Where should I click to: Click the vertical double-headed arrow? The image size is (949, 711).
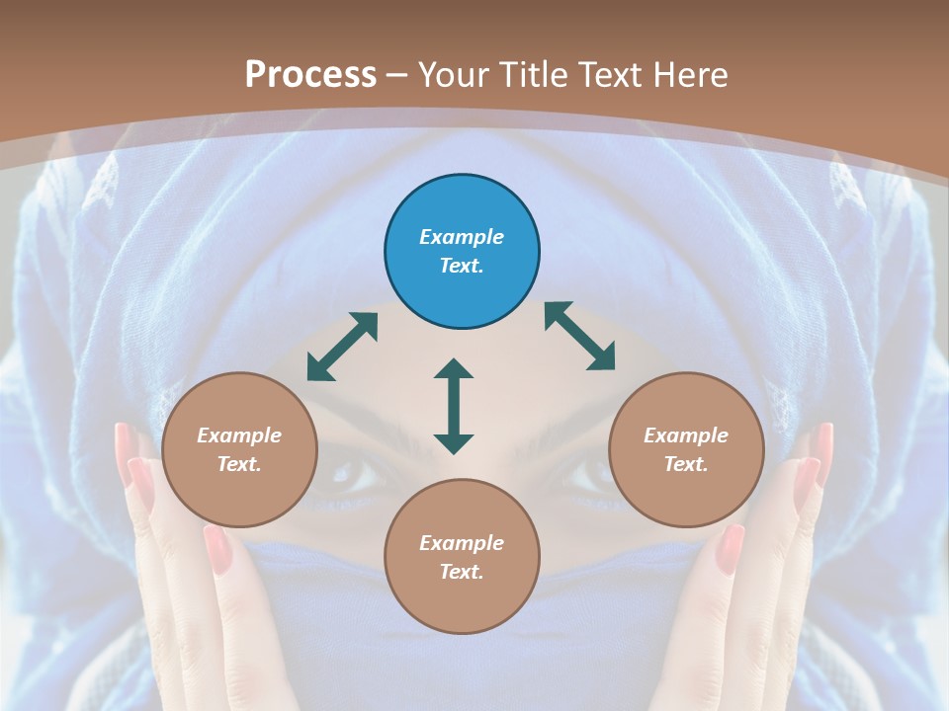(454, 406)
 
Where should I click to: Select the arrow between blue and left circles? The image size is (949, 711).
(342, 347)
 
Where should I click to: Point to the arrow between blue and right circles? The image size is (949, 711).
(579, 336)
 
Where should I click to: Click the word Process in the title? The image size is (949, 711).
(310, 74)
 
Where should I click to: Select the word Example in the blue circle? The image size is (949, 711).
(462, 237)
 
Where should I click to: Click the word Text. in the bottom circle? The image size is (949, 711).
(462, 572)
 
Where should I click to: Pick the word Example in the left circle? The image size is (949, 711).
(239, 435)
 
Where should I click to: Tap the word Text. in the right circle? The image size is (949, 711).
(685, 464)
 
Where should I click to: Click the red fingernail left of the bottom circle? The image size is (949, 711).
(216, 549)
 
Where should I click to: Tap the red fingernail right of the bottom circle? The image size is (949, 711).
(730, 549)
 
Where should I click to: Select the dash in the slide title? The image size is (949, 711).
(396, 75)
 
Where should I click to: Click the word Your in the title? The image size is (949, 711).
(448, 74)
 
